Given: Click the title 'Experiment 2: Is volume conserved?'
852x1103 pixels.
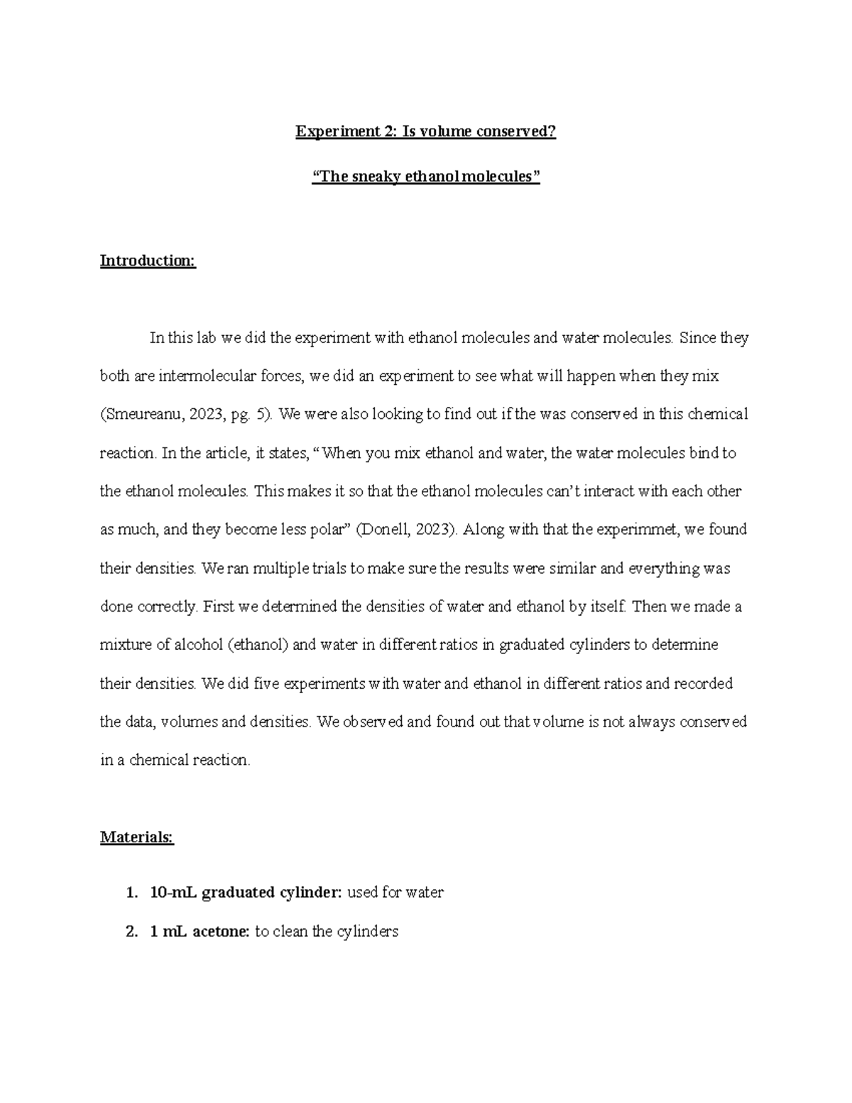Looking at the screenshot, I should tap(426, 131).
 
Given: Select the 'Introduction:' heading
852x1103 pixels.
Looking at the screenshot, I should tap(148, 261).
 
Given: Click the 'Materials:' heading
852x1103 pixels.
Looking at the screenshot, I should tap(136, 837).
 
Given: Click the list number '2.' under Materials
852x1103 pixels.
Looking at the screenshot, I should tap(131, 931).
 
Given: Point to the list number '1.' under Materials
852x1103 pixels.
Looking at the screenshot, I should tap(131, 893).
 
